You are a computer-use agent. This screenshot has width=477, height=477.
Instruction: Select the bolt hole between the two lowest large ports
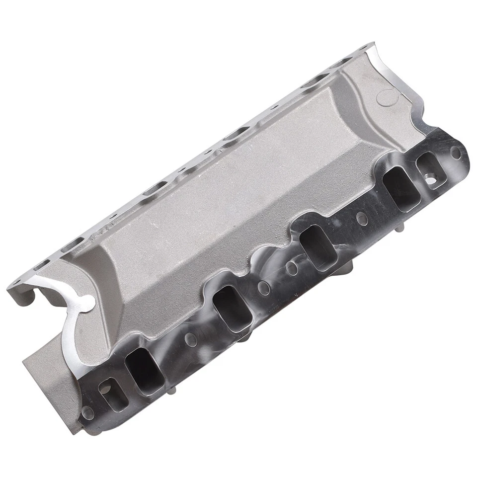coord(191,340)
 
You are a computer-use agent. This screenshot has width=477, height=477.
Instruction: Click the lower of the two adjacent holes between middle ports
coord(264,287)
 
